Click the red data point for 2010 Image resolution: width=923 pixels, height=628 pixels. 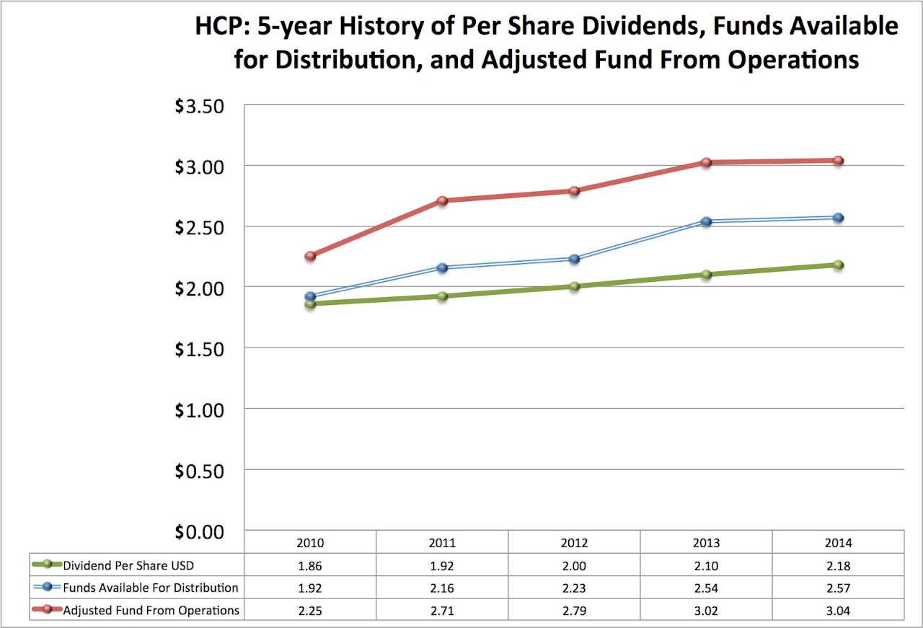click(x=310, y=256)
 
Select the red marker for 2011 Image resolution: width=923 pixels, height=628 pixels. click(x=442, y=200)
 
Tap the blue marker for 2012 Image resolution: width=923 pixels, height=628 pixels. click(x=574, y=259)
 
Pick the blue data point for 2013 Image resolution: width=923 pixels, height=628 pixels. click(x=706, y=221)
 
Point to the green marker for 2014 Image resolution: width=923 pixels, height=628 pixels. click(x=838, y=265)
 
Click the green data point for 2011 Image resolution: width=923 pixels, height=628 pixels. click(x=442, y=296)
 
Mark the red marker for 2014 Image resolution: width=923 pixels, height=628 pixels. click(x=838, y=161)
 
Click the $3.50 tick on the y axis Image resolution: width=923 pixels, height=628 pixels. click(x=200, y=106)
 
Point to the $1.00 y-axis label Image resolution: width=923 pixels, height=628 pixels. click(x=200, y=409)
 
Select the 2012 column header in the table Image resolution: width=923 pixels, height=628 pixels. click(x=574, y=543)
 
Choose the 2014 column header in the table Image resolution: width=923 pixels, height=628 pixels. click(x=838, y=543)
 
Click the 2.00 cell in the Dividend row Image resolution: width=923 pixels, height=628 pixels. click(x=574, y=565)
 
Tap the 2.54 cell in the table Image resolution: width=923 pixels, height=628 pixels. click(x=706, y=588)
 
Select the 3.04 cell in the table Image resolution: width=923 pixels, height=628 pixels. click(x=838, y=610)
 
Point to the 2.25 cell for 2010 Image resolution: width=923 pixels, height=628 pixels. click(x=310, y=610)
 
